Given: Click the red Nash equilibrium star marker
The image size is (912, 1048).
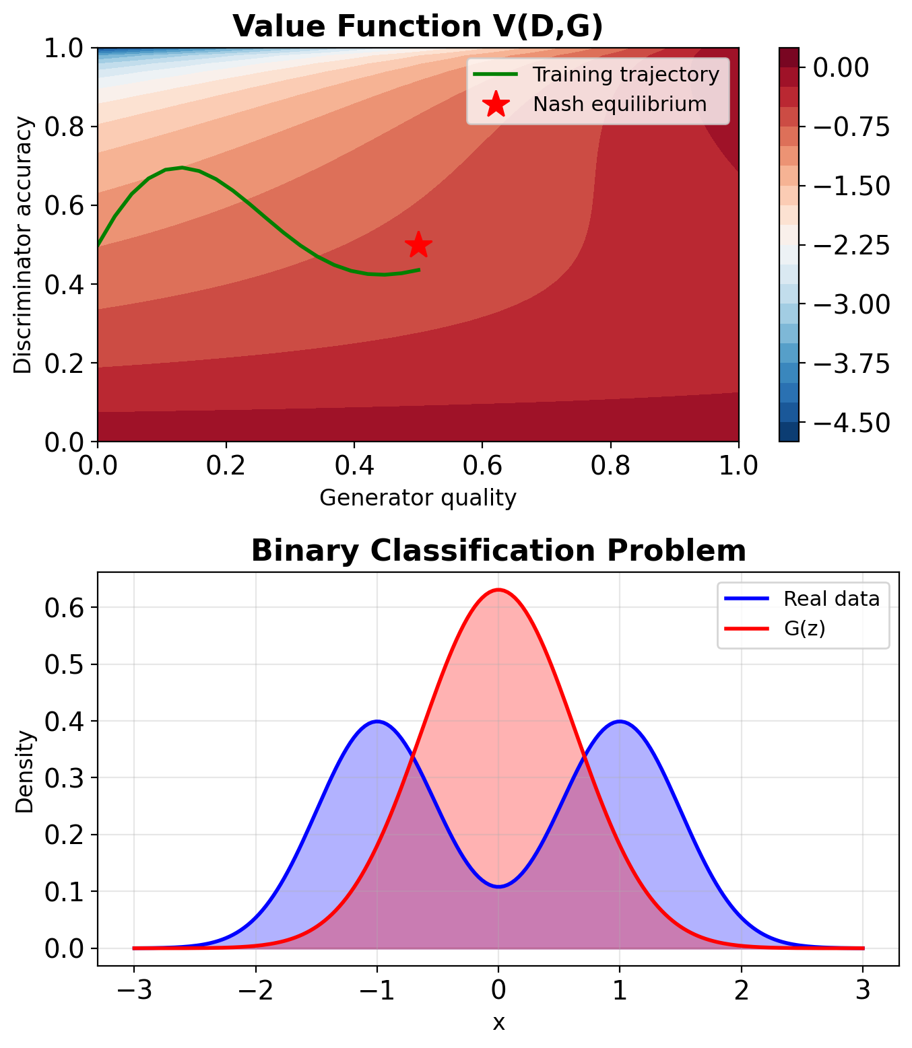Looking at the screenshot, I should [x=418, y=245].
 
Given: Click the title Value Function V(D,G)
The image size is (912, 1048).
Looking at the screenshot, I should [x=418, y=26].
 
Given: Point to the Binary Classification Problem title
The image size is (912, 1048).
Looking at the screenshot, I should [x=498, y=551].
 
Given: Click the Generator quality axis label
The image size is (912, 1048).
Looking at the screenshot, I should [x=418, y=497].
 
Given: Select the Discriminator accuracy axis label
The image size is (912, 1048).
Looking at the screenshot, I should [x=23, y=245].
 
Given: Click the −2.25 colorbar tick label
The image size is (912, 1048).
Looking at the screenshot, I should [x=851, y=246].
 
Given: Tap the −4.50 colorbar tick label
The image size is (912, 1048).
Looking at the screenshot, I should [x=851, y=423].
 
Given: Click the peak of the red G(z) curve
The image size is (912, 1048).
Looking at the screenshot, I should [x=498, y=590].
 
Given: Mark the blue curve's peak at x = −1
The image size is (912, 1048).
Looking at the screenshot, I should [x=377, y=721].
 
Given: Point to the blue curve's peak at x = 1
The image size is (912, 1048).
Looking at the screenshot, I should [x=620, y=721].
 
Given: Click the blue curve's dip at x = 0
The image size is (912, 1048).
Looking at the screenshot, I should [x=498, y=886].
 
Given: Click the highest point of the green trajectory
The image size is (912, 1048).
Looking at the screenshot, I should [x=181, y=167].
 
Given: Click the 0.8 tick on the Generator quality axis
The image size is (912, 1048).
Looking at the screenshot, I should [x=611, y=465].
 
